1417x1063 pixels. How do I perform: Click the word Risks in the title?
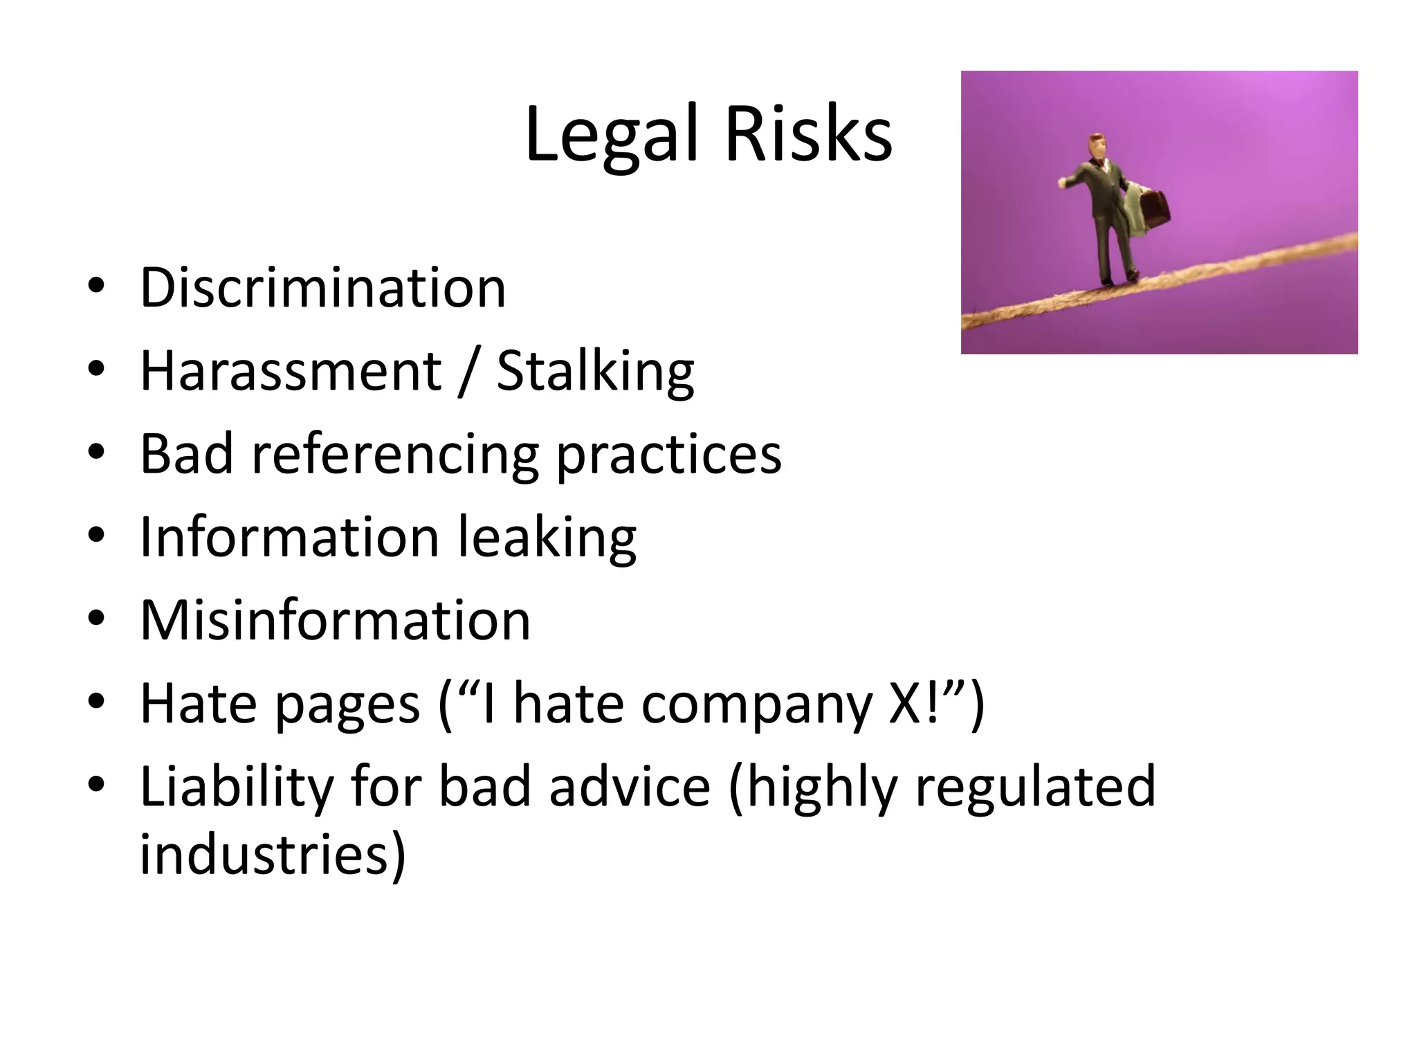click(808, 134)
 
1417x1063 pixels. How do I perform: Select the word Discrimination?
click(323, 288)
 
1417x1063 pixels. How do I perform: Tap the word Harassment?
click(291, 371)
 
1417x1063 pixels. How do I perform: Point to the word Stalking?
click(595, 372)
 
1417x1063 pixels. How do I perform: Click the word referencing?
click(394, 455)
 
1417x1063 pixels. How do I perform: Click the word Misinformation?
click(335, 620)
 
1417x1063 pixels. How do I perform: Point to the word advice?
click(630, 786)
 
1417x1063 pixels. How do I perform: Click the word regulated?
click(1035, 788)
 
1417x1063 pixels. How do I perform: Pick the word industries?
click(273, 854)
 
